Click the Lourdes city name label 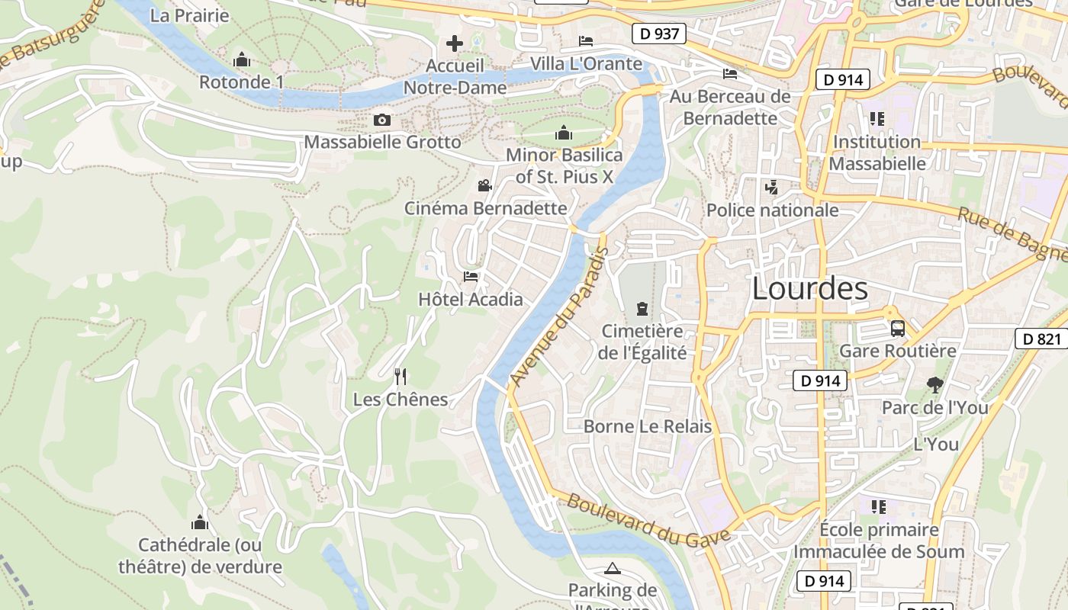click(809, 289)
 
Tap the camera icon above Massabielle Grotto click(382, 120)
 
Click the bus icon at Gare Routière click(898, 329)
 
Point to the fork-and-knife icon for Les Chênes click(400, 376)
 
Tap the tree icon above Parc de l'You click(934, 385)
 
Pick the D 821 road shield click(1041, 339)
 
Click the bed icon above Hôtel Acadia click(471, 277)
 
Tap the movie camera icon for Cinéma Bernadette click(484, 185)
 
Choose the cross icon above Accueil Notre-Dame click(455, 43)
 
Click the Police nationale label click(772, 210)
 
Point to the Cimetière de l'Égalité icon click(642, 309)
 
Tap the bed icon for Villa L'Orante click(586, 41)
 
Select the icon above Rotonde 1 click(242, 59)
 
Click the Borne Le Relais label click(647, 426)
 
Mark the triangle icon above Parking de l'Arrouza click(612, 568)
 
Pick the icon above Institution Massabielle click(877, 119)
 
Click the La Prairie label click(189, 15)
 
